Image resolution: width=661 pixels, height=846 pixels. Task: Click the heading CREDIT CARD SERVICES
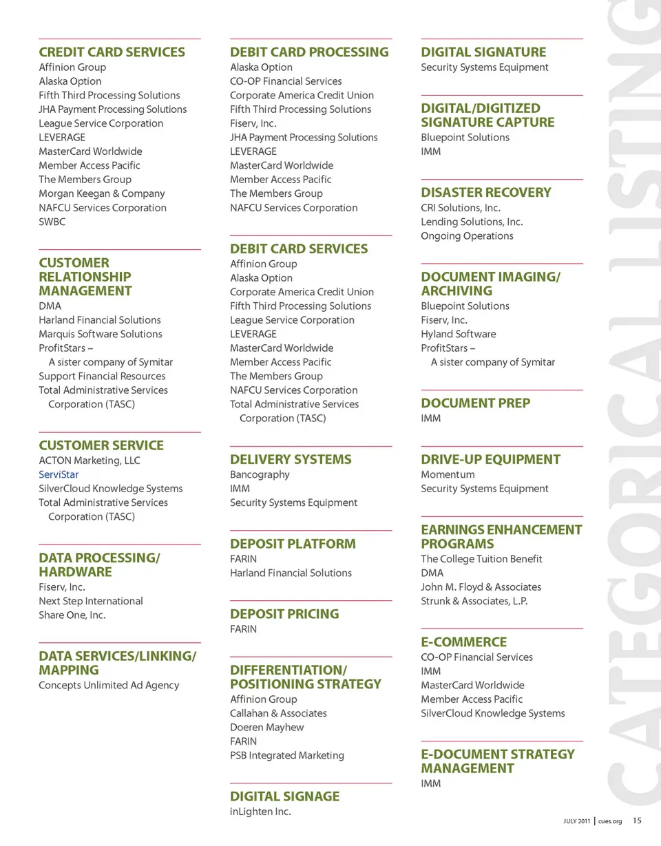tap(112, 52)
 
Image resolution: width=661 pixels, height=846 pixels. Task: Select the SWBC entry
tap(52, 222)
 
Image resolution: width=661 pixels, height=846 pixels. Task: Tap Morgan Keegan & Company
tap(102, 193)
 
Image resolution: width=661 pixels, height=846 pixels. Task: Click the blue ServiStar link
tap(59, 474)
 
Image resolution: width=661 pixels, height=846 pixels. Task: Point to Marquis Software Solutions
tap(101, 334)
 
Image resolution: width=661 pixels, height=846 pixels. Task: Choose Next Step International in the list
tap(91, 601)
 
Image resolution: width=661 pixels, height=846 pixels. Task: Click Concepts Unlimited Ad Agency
tap(109, 685)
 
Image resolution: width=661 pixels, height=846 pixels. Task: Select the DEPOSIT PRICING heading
tap(284, 614)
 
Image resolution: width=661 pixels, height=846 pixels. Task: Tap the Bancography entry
tap(260, 474)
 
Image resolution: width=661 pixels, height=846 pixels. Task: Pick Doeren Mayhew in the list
tap(266, 727)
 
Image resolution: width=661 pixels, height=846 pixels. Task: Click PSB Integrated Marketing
tap(287, 755)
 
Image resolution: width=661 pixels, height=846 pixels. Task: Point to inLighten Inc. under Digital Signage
tap(260, 812)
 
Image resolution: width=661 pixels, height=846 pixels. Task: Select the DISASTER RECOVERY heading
tap(486, 193)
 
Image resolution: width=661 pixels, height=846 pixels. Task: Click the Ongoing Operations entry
tap(467, 235)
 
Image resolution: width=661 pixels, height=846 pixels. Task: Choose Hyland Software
tap(458, 334)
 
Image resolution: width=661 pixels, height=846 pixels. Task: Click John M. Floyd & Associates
tap(481, 587)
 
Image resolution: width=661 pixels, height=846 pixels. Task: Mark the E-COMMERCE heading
tap(463, 642)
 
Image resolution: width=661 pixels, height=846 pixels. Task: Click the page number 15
tap(637, 821)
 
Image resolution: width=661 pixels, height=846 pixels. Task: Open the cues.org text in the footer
tap(610, 821)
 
